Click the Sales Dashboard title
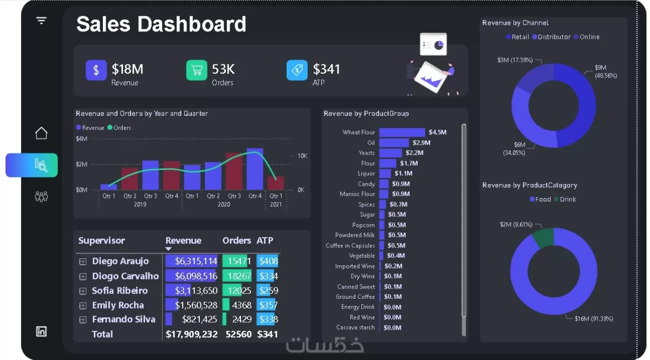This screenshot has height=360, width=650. (161, 24)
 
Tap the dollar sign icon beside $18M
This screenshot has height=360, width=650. (96, 70)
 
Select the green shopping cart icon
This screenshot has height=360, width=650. (197, 70)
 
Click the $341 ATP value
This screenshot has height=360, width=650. (326, 69)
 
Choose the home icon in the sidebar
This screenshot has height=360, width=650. (41, 133)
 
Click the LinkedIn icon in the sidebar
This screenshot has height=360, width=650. (41, 331)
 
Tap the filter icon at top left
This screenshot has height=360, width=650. (41, 21)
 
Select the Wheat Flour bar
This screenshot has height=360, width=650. (402, 132)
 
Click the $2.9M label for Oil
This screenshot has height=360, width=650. (421, 143)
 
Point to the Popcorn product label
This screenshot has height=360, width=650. (363, 225)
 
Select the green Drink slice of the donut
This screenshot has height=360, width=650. (543, 237)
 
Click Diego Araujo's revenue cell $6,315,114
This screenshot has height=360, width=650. (191, 261)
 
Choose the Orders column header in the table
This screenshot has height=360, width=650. (236, 240)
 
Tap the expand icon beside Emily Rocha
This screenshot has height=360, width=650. (83, 305)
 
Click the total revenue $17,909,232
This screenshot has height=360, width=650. (191, 334)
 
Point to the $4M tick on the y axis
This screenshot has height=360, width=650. (81, 139)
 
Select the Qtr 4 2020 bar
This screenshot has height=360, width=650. (255, 169)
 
